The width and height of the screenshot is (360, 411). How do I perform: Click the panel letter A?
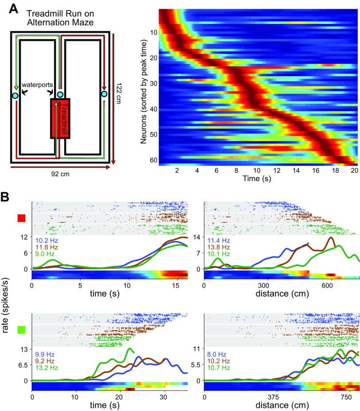(7, 8)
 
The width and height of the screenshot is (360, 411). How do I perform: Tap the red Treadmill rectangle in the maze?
(59, 119)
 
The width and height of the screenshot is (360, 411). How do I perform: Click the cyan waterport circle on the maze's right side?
(104, 94)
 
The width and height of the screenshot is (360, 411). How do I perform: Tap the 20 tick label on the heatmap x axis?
(354, 171)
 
